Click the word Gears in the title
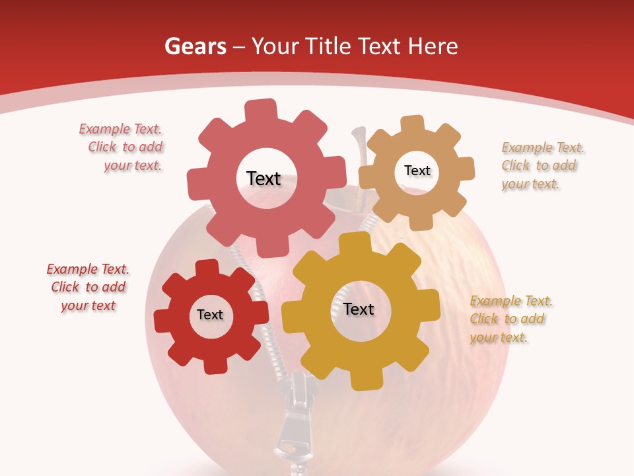point(195,46)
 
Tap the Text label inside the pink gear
point(264,178)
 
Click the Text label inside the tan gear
point(417,171)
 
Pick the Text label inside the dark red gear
point(210,315)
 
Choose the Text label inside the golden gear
point(359,309)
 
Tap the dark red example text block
point(88,287)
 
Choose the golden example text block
point(509,319)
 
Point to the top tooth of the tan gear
point(413,124)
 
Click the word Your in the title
point(277,46)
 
